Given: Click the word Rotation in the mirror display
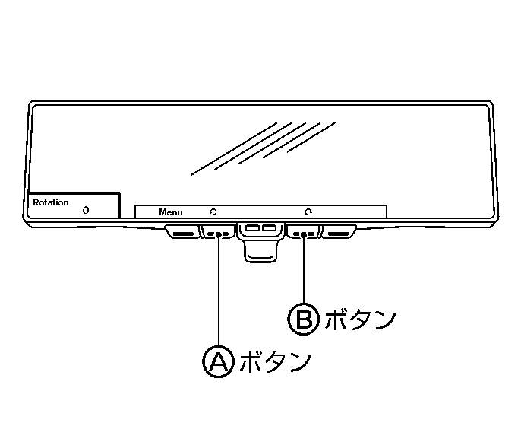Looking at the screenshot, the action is [x=50, y=202].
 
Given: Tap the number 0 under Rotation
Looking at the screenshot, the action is [x=86, y=210].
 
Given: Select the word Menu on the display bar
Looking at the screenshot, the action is [x=171, y=212].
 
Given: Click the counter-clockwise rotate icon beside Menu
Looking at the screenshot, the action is [x=213, y=211].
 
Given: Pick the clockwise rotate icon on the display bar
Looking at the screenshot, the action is [x=308, y=211].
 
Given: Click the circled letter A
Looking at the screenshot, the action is [x=218, y=361].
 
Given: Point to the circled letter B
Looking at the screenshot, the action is [x=303, y=320].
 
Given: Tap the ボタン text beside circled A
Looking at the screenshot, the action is [x=276, y=361].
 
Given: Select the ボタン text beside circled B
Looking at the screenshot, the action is [x=360, y=320].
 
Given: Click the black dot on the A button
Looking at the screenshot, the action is [x=218, y=234].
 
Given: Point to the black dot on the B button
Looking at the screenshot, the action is [x=303, y=234].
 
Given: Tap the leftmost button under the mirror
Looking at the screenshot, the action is [x=183, y=231].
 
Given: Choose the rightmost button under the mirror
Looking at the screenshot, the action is [x=339, y=231].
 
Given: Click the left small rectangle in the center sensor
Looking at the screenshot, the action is [x=252, y=228].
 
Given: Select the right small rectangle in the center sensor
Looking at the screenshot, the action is [x=269, y=228].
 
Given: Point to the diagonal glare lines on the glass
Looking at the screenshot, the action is [x=263, y=149].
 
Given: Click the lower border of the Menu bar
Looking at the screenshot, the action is [x=260, y=218].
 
